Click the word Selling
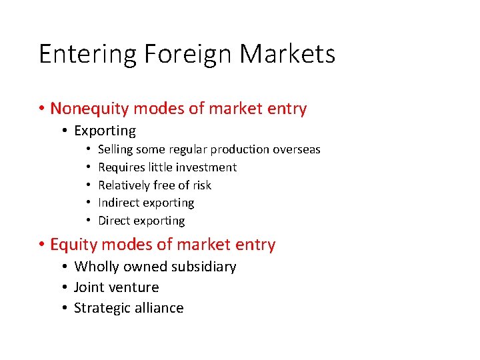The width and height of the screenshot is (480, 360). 115,149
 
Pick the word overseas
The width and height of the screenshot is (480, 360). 296,149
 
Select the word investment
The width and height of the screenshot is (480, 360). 204,167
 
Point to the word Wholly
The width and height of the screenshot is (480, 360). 94,267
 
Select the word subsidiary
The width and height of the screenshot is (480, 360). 205,267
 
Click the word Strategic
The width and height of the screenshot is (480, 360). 99,308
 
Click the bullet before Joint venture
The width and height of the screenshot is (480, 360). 65,287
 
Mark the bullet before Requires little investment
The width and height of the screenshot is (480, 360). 88,167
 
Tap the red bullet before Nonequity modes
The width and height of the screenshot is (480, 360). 41,109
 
